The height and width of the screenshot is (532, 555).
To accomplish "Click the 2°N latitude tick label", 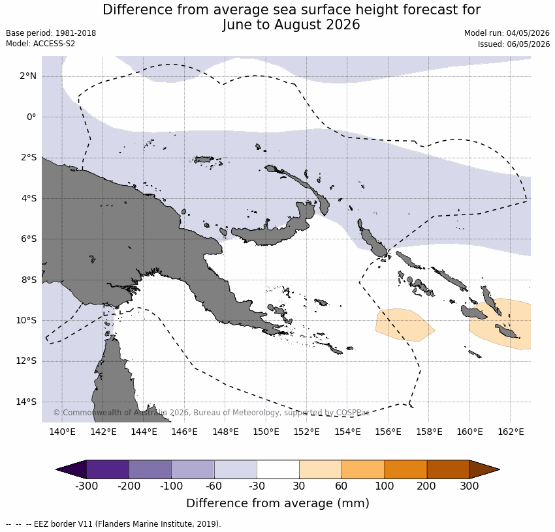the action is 28,76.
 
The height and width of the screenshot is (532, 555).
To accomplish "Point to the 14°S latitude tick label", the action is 26,402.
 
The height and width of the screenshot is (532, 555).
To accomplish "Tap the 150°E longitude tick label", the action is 266,432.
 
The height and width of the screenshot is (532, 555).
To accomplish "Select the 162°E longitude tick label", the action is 511,432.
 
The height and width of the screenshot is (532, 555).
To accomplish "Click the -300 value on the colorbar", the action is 86,486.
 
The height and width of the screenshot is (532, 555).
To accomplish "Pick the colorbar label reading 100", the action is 385,486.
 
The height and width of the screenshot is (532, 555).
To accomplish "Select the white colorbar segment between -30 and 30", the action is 278,469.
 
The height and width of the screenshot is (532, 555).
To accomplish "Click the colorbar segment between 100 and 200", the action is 405,469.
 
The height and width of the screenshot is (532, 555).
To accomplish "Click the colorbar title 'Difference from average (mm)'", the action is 278,503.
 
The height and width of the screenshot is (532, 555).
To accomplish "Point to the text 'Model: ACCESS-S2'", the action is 40,44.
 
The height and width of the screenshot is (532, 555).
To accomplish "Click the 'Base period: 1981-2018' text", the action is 51,33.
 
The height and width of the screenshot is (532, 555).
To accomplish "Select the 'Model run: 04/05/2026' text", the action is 507,33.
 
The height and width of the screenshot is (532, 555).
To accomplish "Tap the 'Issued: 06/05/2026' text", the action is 514,44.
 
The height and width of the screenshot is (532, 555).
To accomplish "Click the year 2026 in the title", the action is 343,25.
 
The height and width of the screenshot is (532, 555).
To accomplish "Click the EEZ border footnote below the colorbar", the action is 113,524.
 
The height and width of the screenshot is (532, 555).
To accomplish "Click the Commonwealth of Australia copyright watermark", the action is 212,413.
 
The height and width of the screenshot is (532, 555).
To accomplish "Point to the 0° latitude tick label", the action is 31,117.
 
